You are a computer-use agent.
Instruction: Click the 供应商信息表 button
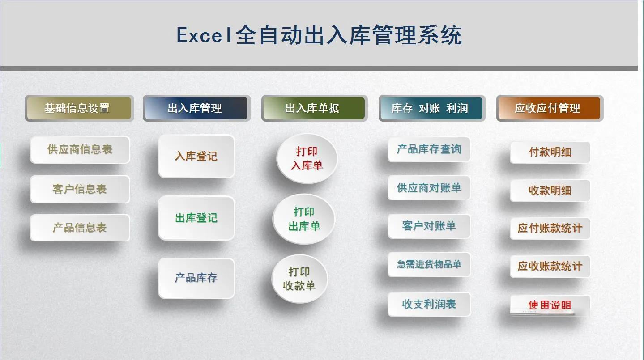click(80, 150)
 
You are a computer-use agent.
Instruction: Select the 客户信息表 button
click(80, 189)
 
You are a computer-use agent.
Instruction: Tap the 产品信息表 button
click(80, 228)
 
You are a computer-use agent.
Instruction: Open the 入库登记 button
click(196, 157)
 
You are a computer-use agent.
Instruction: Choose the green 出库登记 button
click(196, 218)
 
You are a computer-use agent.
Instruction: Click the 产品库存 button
click(196, 278)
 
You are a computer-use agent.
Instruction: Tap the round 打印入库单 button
click(307, 159)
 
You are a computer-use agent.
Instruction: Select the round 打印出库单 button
click(304, 219)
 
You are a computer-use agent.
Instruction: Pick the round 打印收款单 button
click(299, 279)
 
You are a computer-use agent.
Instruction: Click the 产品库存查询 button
click(429, 149)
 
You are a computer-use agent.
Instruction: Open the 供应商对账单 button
click(429, 188)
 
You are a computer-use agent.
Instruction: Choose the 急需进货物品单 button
click(429, 265)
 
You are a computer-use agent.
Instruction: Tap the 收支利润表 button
click(429, 304)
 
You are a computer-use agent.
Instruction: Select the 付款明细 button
click(550, 152)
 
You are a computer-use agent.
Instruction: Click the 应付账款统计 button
click(550, 229)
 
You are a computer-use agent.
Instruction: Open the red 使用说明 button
click(550, 305)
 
